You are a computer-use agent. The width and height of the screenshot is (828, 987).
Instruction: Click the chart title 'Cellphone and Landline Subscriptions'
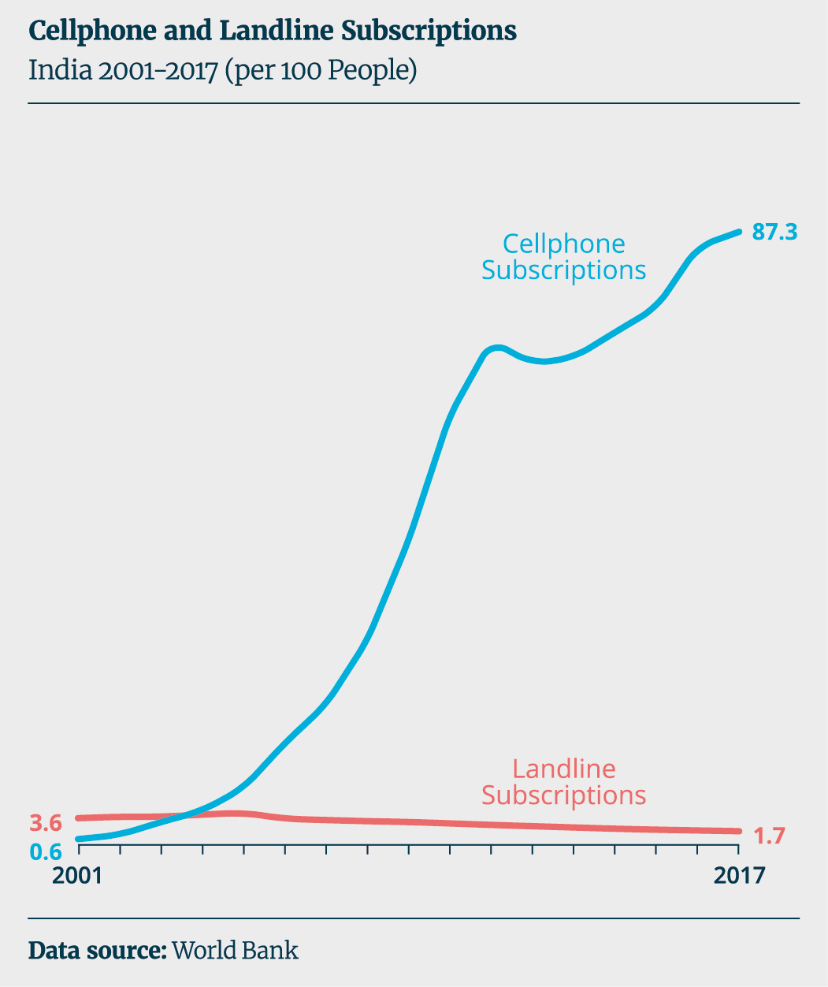pyautogui.click(x=273, y=31)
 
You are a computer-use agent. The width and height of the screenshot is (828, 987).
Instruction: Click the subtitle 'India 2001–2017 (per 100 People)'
pyautogui.click(x=222, y=71)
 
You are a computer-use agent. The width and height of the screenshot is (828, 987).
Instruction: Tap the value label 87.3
pyautogui.click(x=775, y=232)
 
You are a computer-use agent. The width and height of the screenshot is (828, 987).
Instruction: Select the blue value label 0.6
pyautogui.click(x=46, y=852)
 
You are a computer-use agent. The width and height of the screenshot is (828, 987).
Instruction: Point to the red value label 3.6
pyautogui.click(x=46, y=823)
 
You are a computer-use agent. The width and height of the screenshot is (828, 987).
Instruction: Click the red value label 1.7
pyautogui.click(x=770, y=836)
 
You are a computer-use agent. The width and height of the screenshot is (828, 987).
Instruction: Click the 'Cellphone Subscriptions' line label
pyautogui.click(x=563, y=257)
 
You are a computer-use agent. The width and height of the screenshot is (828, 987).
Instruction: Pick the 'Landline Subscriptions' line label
pyautogui.click(x=563, y=781)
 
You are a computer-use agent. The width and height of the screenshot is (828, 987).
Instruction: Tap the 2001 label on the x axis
pyautogui.click(x=78, y=876)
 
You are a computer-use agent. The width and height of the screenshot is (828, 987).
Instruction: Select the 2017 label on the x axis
pyautogui.click(x=738, y=876)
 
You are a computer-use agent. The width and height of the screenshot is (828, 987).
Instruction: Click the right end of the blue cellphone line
pyautogui.click(x=738, y=232)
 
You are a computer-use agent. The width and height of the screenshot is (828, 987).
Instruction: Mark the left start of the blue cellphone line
pyautogui.click(x=79, y=839)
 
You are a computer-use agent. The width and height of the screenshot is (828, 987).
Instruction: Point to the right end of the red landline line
pyautogui.click(x=738, y=831)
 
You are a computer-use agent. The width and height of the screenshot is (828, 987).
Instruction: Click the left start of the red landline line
pyautogui.click(x=79, y=818)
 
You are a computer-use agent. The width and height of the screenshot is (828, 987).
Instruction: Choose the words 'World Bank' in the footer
pyautogui.click(x=236, y=950)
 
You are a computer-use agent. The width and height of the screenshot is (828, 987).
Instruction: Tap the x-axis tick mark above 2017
pyautogui.click(x=738, y=850)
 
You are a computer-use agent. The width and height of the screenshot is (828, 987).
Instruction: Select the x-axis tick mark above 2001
pyautogui.click(x=79, y=850)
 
